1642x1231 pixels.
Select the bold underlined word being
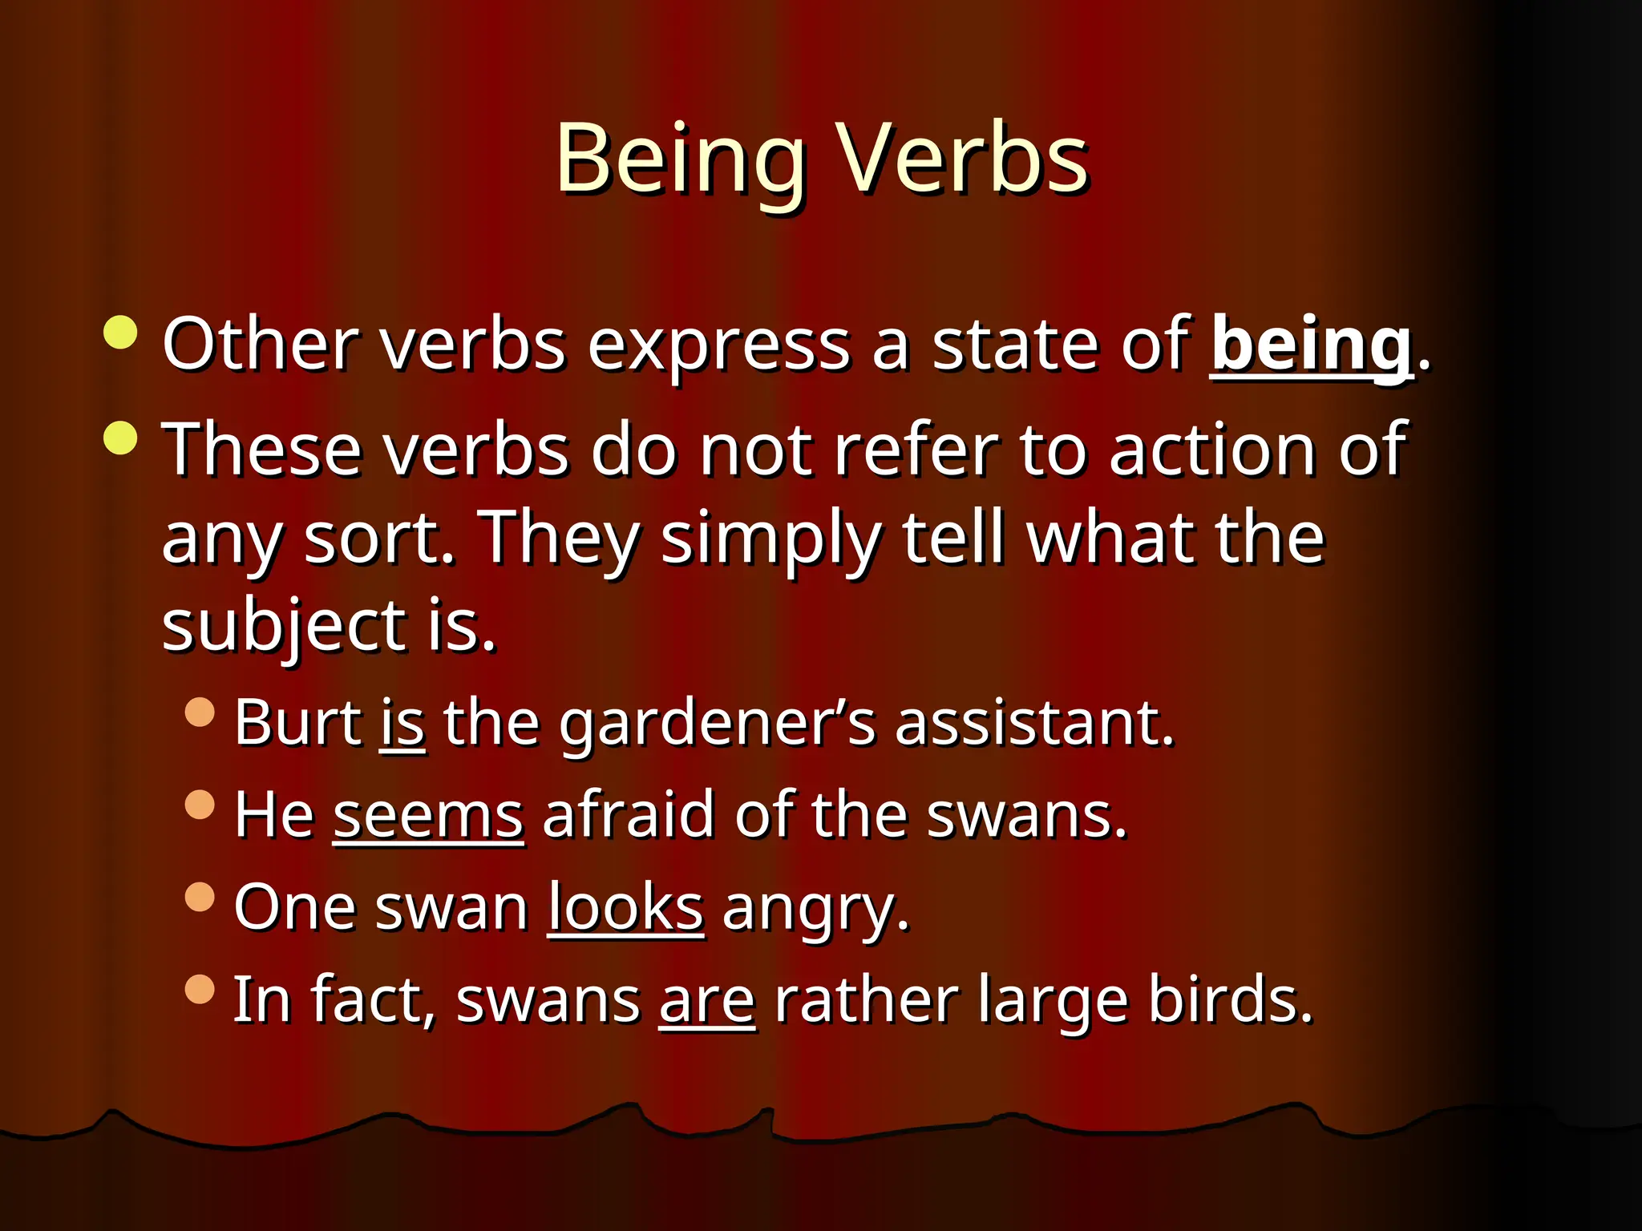tap(1312, 345)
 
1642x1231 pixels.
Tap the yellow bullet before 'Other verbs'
tap(121, 333)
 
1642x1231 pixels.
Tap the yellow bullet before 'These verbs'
tap(121, 438)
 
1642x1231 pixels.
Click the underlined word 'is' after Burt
tap(402, 723)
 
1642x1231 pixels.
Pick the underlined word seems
tap(428, 816)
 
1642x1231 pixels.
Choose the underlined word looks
tap(625, 908)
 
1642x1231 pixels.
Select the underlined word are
tap(707, 1001)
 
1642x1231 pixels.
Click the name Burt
tap(297, 723)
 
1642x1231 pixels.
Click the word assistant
tap(1034, 723)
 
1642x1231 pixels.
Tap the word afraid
tap(628, 815)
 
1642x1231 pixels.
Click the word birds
tap(1230, 1000)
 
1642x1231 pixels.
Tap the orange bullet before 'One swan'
tap(200, 897)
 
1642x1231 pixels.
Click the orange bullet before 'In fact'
tap(200, 989)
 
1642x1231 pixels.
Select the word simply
tap(770, 539)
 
